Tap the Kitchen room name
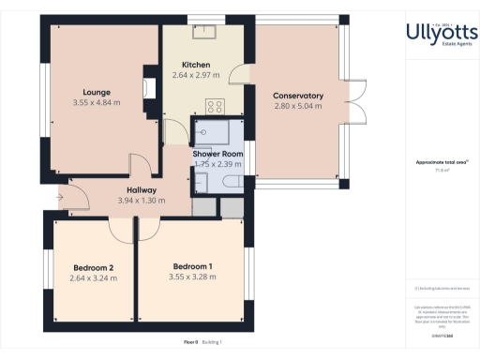(196, 64)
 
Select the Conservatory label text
(298, 96)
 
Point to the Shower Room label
(218, 153)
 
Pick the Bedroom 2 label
(93, 267)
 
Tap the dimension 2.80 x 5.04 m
(298, 106)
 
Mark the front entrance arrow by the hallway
(62, 197)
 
